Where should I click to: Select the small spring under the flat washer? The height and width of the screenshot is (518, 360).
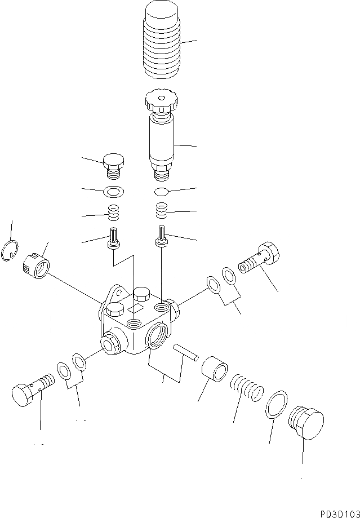click(x=114, y=213)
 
